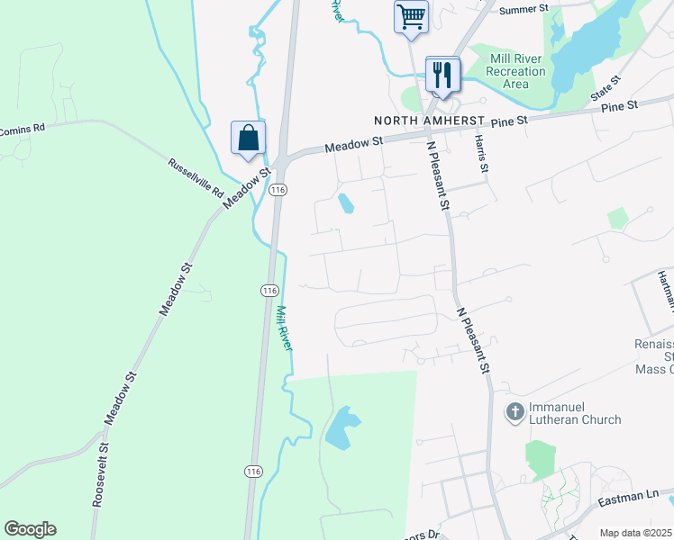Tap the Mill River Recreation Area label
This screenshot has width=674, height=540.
(x=515, y=71)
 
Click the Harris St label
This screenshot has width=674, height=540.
(x=482, y=155)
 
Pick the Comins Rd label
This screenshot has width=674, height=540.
(x=22, y=130)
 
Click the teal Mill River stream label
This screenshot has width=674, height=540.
(x=285, y=328)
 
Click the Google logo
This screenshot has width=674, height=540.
(x=30, y=529)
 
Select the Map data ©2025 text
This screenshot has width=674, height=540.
(x=635, y=533)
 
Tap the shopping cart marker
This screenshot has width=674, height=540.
(x=411, y=16)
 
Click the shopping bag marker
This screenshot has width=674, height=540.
(x=248, y=138)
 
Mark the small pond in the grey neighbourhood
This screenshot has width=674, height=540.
(x=345, y=204)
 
